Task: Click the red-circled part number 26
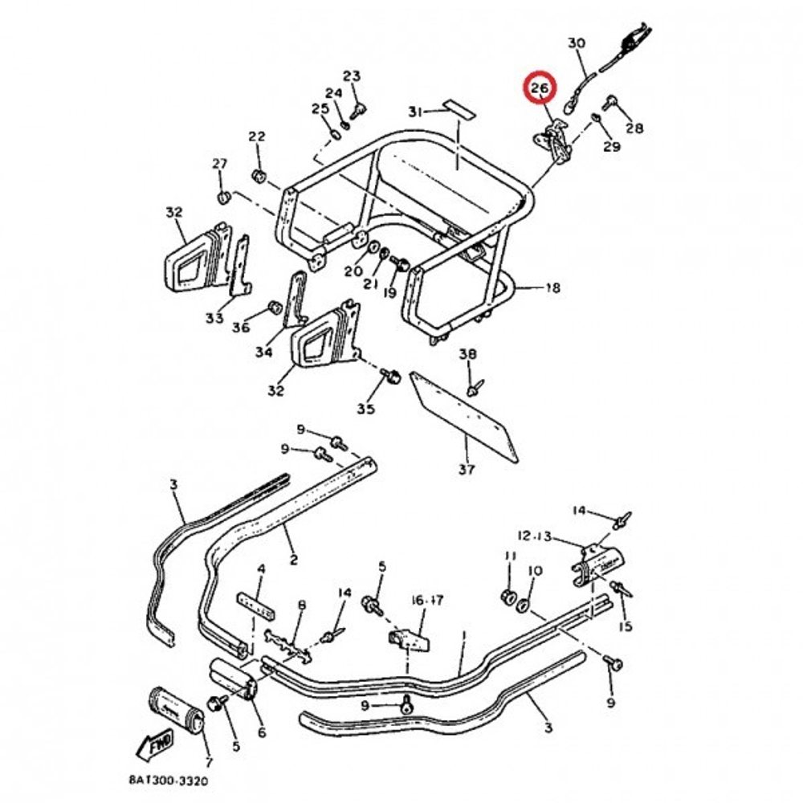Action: [539, 88]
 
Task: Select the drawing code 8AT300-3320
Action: [169, 781]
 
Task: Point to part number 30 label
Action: [576, 43]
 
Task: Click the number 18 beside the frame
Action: [552, 287]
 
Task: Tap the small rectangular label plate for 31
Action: [459, 108]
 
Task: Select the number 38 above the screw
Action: [467, 354]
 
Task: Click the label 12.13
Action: [534, 536]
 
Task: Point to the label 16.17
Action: [427, 600]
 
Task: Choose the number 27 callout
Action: [219, 164]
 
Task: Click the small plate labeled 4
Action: [255, 605]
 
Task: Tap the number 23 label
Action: [352, 75]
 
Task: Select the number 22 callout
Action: [257, 137]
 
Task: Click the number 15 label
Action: [626, 626]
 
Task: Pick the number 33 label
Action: [214, 318]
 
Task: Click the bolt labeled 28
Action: [609, 102]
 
